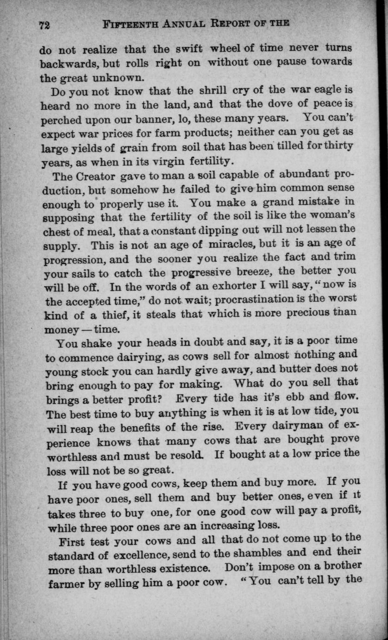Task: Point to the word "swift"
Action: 189,49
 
